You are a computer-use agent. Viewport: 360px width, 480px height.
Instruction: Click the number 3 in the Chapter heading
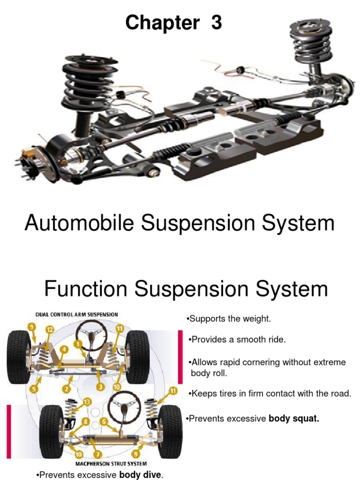point(216,22)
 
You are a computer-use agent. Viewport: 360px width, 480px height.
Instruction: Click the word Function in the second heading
point(86,289)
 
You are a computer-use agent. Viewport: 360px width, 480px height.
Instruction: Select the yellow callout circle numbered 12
point(49,330)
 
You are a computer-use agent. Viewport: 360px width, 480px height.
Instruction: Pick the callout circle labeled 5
point(34,388)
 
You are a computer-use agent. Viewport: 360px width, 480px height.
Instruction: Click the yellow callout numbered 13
point(86,401)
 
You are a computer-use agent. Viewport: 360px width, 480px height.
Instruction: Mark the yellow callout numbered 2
point(67,388)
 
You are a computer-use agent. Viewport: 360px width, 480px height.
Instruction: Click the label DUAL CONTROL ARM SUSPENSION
point(76,314)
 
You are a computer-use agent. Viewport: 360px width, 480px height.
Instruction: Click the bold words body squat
point(293,419)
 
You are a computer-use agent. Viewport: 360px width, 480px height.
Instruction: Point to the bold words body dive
point(141,475)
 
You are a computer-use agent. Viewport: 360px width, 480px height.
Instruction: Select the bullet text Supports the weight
point(230,319)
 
